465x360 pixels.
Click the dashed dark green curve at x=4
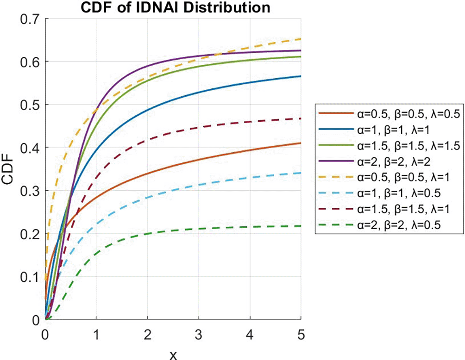click(250, 227)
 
